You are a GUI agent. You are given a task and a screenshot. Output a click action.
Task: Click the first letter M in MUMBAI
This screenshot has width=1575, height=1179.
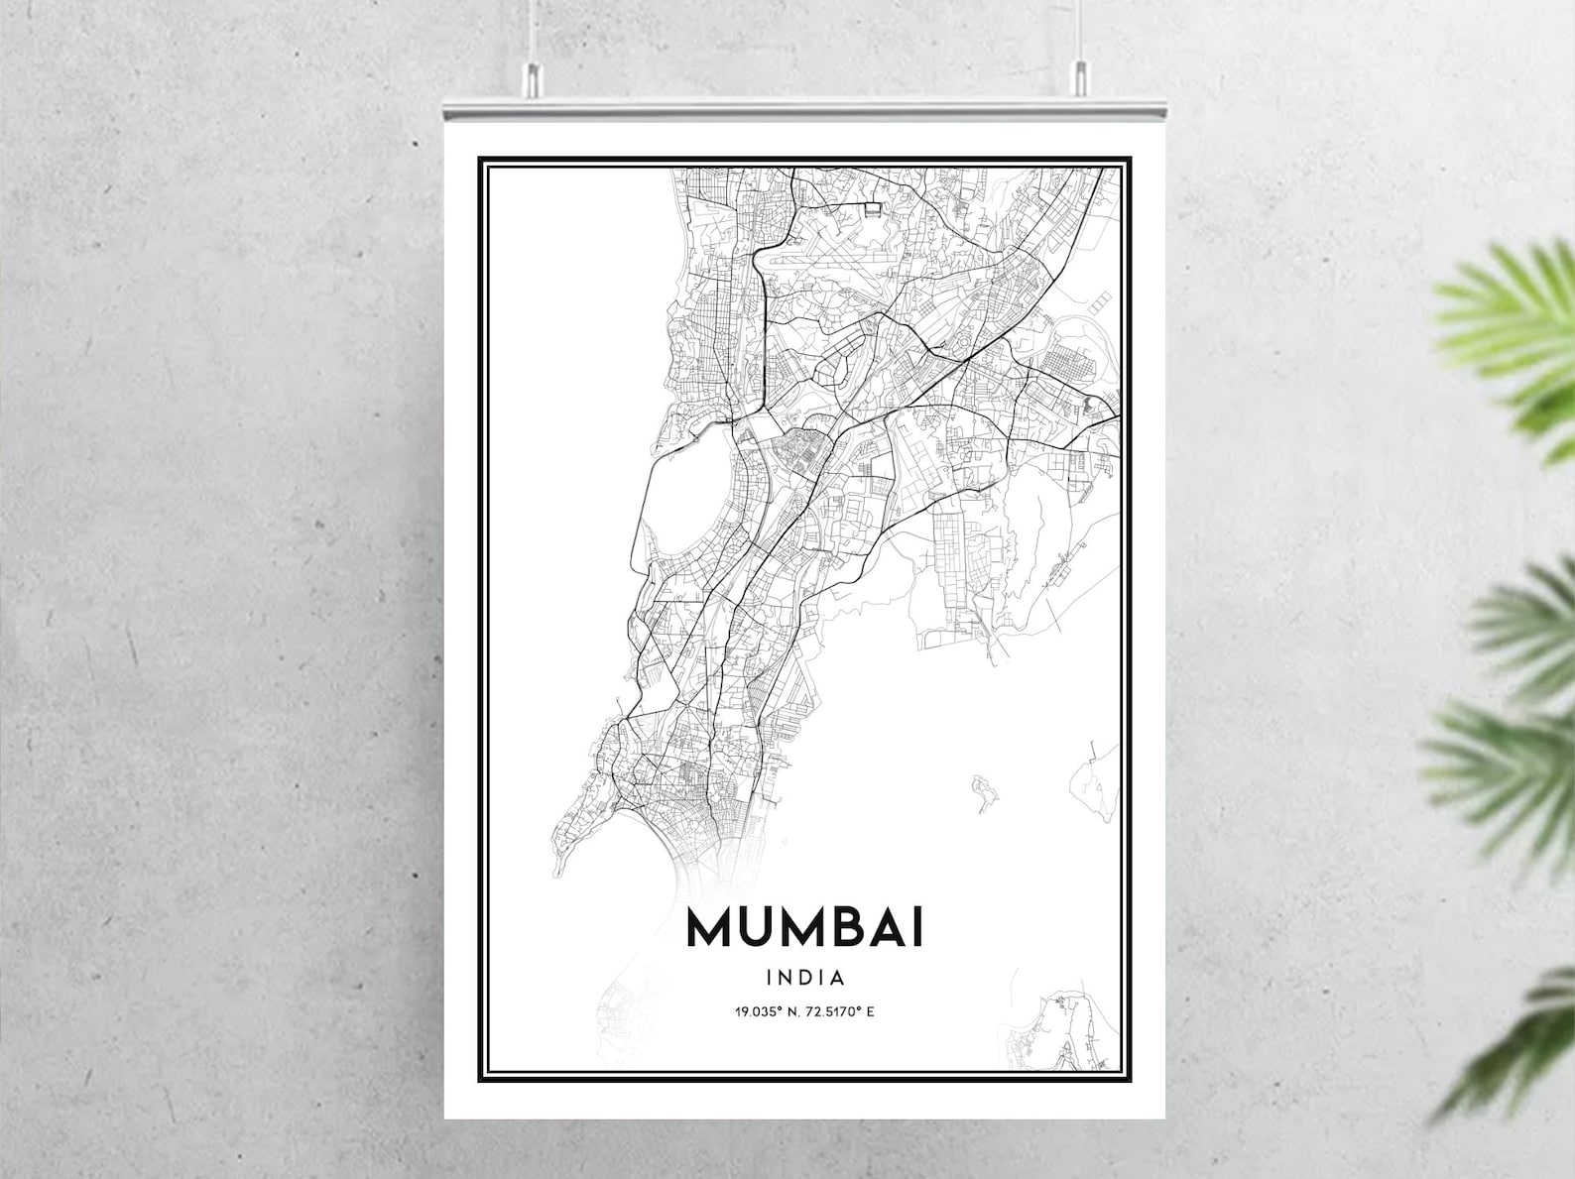click(711, 928)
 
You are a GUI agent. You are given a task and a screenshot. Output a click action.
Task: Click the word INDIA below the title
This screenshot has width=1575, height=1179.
click(805, 978)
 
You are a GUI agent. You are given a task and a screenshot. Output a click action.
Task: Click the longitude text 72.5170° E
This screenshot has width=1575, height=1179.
click(841, 1012)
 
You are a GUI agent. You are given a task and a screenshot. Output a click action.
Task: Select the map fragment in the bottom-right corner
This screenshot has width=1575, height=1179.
click(1066, 1031)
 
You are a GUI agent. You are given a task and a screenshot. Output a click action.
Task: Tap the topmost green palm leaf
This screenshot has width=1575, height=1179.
click(1508, 317)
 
